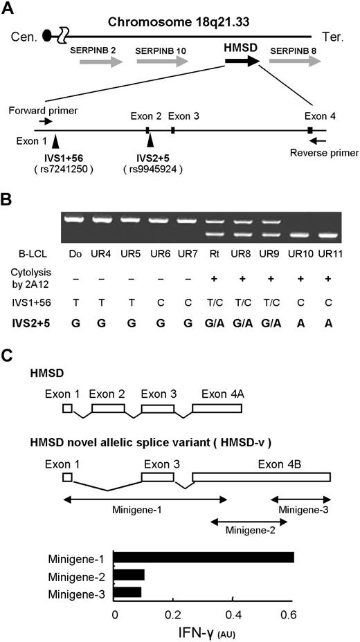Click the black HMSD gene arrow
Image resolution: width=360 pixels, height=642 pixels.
click(x=242, y=62)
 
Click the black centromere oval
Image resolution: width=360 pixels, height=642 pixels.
click(x=47, y=34)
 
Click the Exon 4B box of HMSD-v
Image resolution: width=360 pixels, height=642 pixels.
click(x=261, y=477)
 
